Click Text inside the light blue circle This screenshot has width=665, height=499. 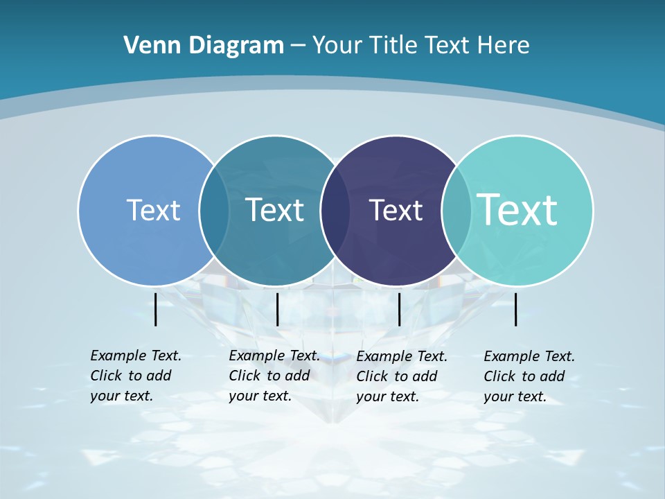(153, 210)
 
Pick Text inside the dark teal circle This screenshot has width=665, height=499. (274, 210)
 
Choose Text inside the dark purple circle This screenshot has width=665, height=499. (396, 210)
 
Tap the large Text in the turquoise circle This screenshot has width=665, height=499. (517, 209)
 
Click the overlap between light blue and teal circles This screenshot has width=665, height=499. (214, 210)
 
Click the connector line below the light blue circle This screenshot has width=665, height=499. (155, 309)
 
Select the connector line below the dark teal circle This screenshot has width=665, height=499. (277, 309)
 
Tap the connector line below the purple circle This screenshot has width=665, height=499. (399, 309)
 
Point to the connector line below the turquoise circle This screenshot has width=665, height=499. (515, 309)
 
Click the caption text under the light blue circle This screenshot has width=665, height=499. (136, 376)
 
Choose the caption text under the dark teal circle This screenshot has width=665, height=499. (274, 376)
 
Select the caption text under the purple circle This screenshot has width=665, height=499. (402, 376)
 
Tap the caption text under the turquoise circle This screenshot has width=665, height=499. (529, 376)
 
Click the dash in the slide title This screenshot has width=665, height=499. (298, 46)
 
